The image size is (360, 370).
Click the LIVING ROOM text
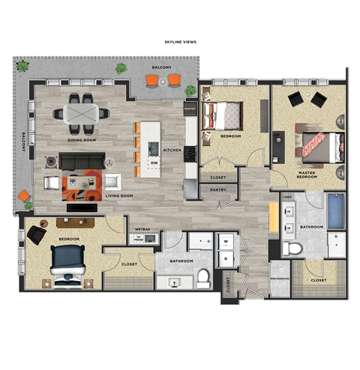tap(118, 195)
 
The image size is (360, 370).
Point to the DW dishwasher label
tap(154, 163)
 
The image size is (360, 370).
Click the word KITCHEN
tap(172, 150)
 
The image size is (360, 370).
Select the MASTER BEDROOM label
tap(307, 175)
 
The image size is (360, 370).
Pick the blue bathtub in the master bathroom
tap(336, 211)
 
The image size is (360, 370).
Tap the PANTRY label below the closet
tap(218, 190)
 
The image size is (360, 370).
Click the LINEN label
tap(289, 198)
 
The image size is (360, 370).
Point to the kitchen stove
tap(190, 154)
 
